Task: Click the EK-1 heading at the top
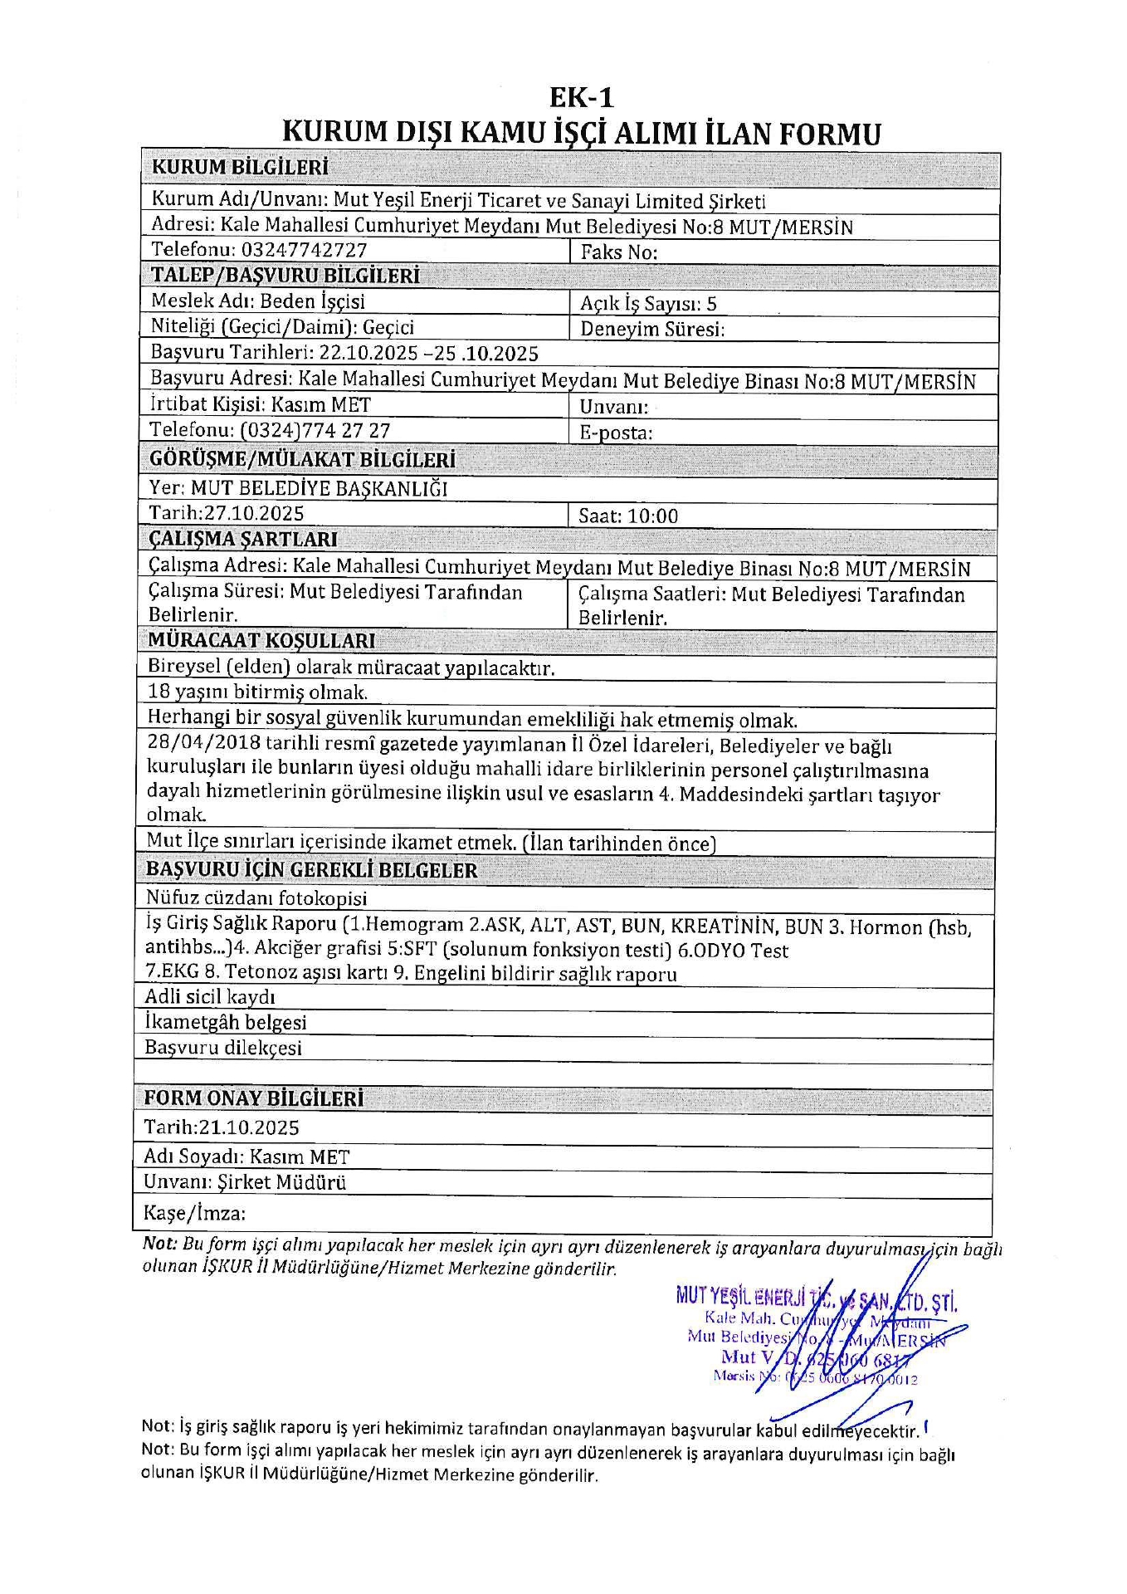581,98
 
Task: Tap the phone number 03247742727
304,250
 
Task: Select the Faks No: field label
618,252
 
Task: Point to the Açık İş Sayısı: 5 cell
648,303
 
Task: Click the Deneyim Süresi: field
652,329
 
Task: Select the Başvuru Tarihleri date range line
344,354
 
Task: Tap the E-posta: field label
615,433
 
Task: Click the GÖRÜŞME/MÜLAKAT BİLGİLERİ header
302,459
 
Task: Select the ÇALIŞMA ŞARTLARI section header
243,539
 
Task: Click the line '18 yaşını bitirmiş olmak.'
257,692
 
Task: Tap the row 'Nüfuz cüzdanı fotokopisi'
256,897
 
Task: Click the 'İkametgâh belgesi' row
225,1022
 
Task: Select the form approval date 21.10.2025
249,1127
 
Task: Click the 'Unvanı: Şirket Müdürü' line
245,1182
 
